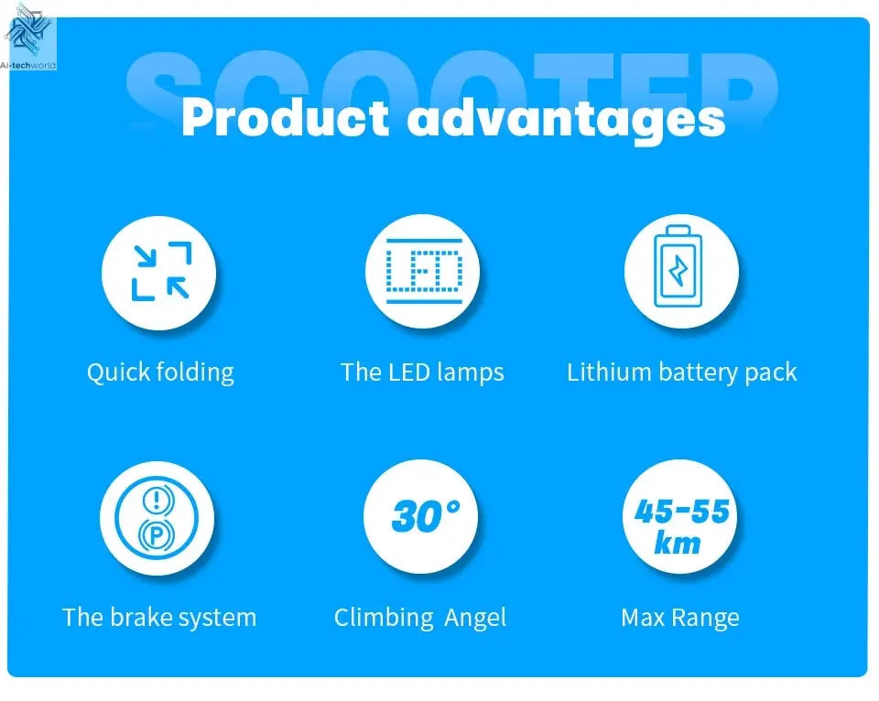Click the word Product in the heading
click(x=285, y=118)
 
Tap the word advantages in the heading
click(x=566, y=120)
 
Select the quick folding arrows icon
click(x=159, y=271)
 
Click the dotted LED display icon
click(x=422, y=271)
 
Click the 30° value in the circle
click(x=425, y=517)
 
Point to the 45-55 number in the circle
click(x=681, y=511)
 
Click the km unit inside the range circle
click(x=678, y=543)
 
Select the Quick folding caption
click(x=160, y=372)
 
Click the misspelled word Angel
click(x=475, y=618)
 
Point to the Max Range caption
click(x=679, y=618)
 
